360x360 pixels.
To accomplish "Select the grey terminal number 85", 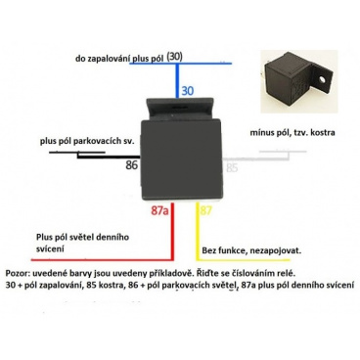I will pyautogui.click(x=232, y=167).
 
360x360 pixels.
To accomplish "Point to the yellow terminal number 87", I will pyautogui.click(x=204, y=210).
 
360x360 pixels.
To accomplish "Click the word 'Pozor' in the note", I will pyautogui.click(x=19, y=275).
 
